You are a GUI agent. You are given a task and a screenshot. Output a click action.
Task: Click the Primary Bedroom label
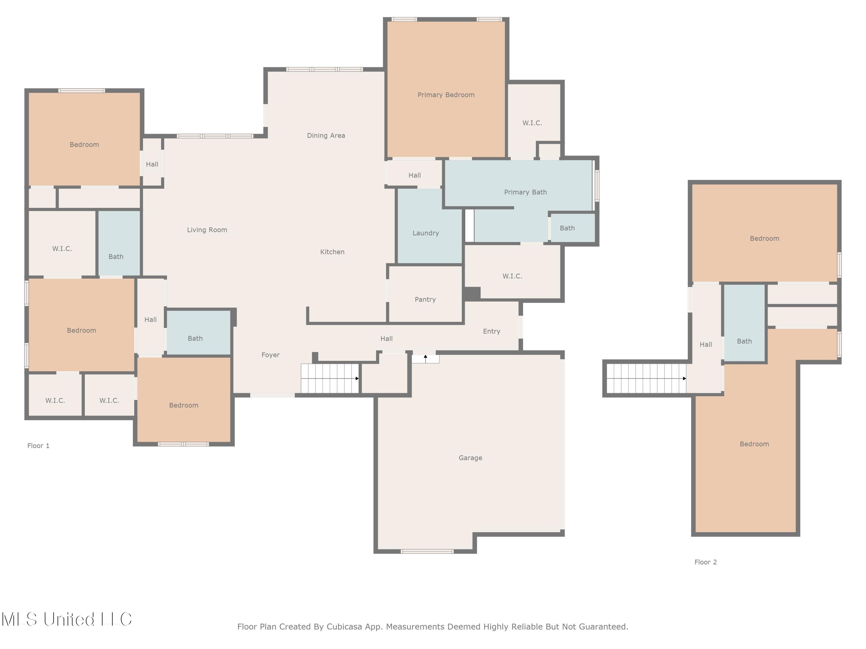coord(446,95)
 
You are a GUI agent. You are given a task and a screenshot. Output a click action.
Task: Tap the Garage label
coord(470,458)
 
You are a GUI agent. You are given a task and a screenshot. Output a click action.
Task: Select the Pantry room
coord(425,294)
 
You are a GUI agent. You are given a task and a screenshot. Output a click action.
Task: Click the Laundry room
coord(430,226)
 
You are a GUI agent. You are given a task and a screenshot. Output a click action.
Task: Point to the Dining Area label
coord(326,135)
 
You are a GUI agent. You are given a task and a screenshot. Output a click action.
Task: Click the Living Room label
coord(207,230)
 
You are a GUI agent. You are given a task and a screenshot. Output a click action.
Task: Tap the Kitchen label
coord(332,252)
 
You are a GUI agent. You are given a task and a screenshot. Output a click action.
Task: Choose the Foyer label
coord(270,355)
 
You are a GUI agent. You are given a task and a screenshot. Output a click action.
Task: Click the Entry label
coord(491,331)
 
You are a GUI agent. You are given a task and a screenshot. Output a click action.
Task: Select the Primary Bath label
coord(525,192)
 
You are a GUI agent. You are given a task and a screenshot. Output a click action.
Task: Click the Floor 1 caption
coord(38,446)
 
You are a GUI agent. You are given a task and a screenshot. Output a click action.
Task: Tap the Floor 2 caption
coord(706,562)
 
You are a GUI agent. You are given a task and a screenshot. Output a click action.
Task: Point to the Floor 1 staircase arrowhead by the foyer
coord(357,378)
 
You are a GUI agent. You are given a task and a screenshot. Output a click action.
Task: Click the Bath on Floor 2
coord(744,323)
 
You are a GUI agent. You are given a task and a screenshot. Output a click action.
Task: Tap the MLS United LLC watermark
coord(67,619)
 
